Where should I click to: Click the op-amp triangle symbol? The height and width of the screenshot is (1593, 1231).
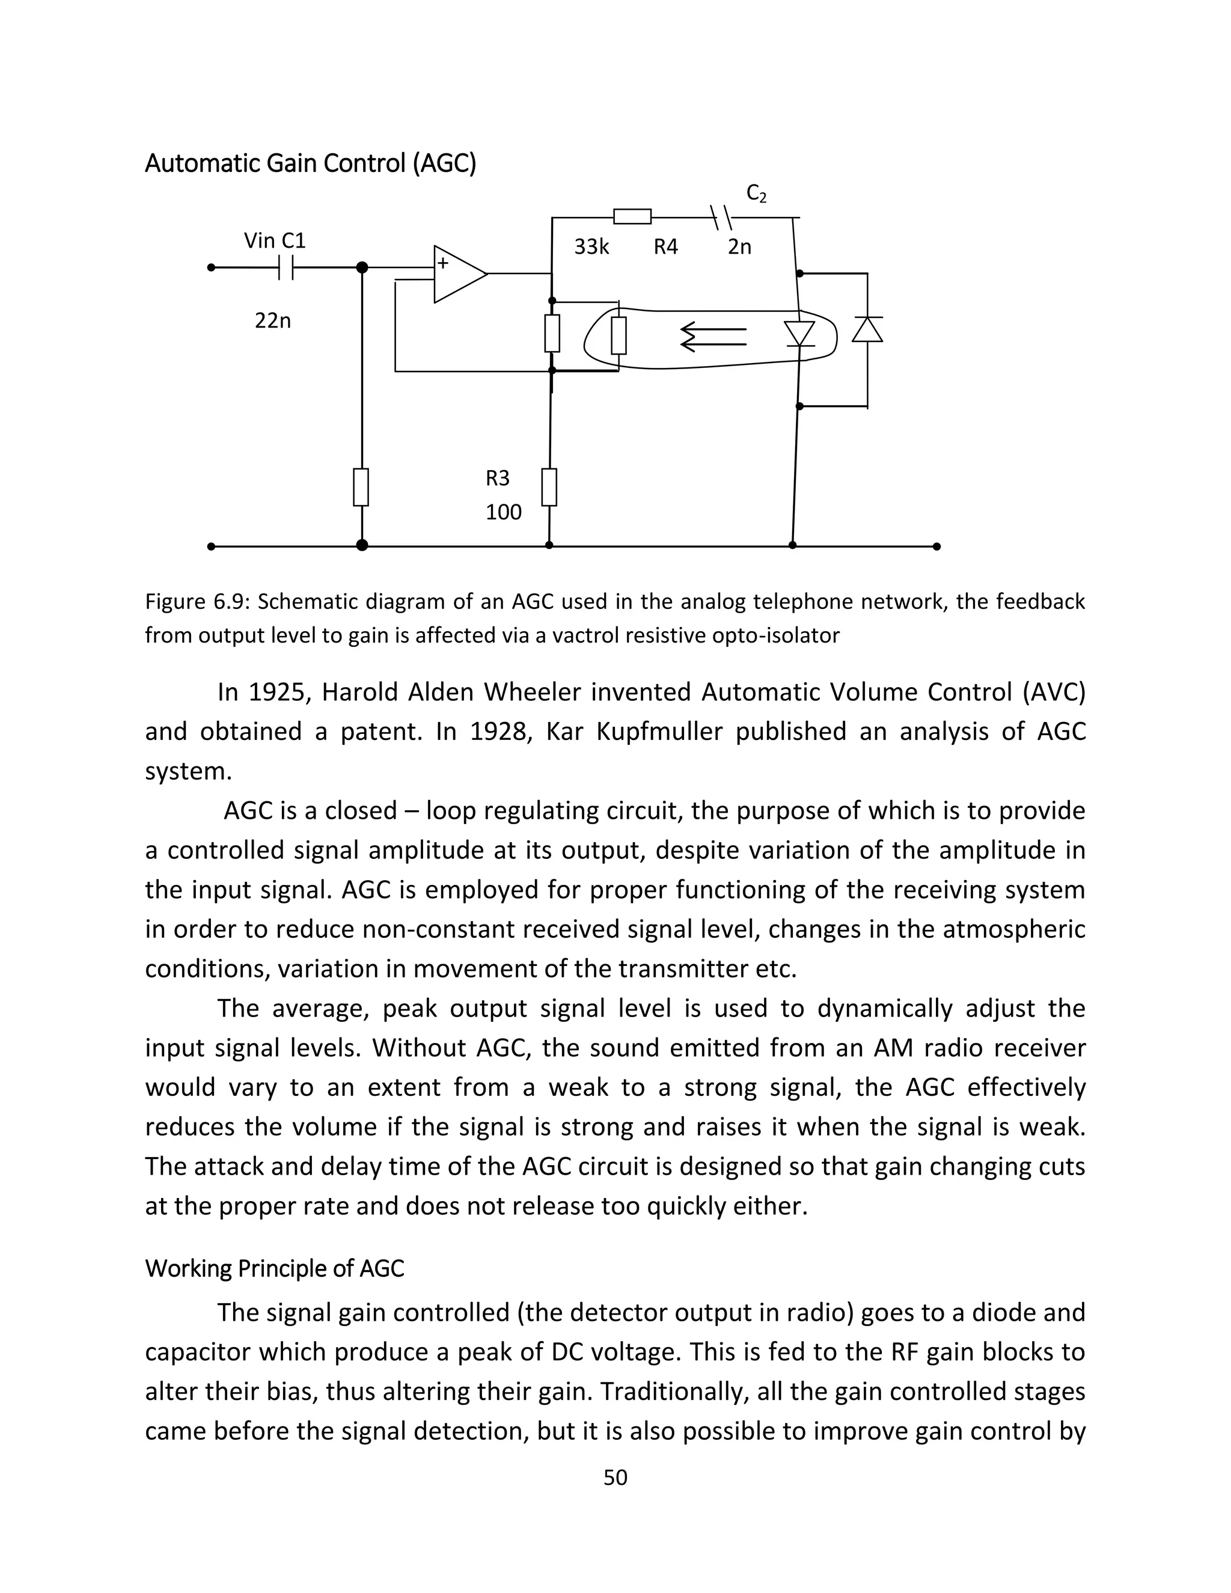(458, 274)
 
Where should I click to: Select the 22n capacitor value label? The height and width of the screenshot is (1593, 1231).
(273, 321)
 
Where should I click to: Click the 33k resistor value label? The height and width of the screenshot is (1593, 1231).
(591, 247)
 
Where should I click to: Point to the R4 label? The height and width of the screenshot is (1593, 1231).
(665, 247)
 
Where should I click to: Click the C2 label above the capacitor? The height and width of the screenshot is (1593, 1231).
(756, 194)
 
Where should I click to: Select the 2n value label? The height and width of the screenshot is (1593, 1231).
(739, 247)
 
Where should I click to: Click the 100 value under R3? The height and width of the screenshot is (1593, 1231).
(503, 512)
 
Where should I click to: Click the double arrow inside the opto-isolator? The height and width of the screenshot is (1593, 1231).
(713, 336)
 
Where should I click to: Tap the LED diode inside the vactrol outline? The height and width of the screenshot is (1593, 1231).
(799, 334)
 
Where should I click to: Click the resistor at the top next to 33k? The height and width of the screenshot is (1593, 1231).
(632, 216)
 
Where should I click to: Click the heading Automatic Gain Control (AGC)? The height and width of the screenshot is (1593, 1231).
(311, 163)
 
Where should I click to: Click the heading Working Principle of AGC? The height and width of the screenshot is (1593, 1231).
(274, 1268)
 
